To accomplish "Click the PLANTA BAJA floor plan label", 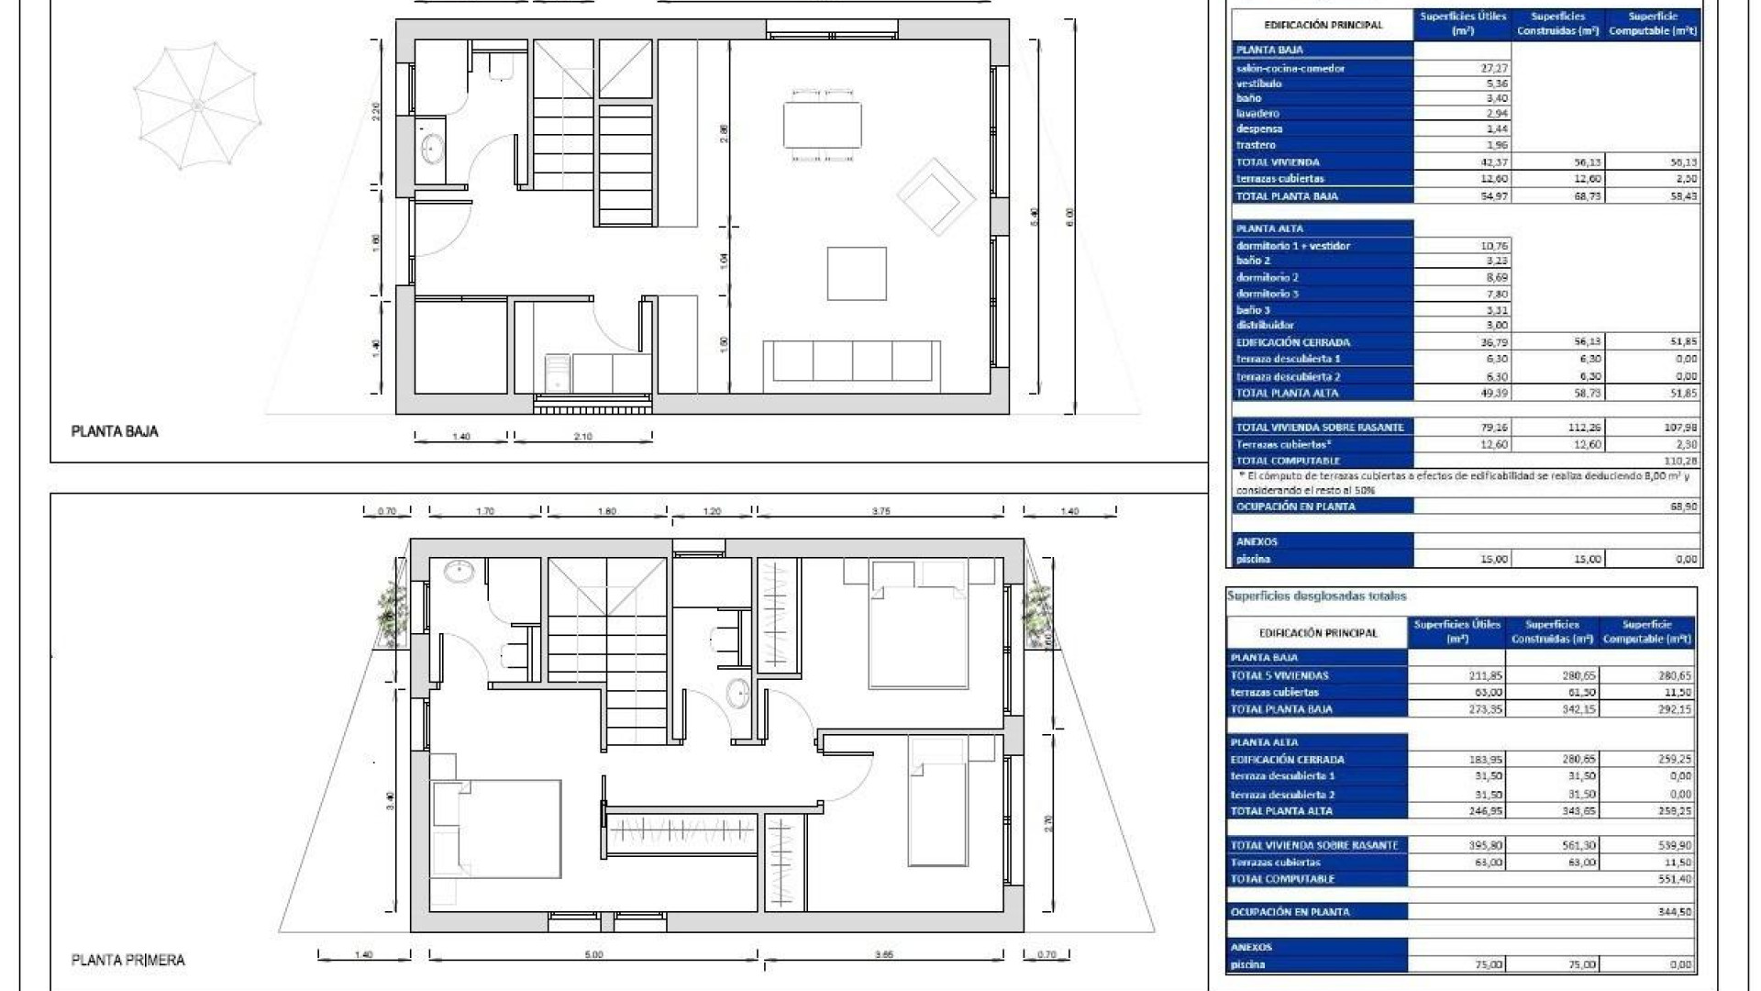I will point(115,431).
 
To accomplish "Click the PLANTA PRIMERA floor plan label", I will point(128,960).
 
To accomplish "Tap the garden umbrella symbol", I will point(196,107).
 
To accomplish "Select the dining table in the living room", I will point(822,125).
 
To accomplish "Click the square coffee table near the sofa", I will point(857,273).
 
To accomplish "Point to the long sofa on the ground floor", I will point(852,361).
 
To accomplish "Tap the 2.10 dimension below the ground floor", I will point(582,437).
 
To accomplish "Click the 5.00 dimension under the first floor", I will point(593,955).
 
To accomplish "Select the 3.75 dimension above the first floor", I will point(880,511).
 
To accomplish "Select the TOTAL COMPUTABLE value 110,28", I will point(1680,461).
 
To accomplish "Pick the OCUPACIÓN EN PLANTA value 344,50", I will point(1675,912).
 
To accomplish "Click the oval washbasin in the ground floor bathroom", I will point(431,148).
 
